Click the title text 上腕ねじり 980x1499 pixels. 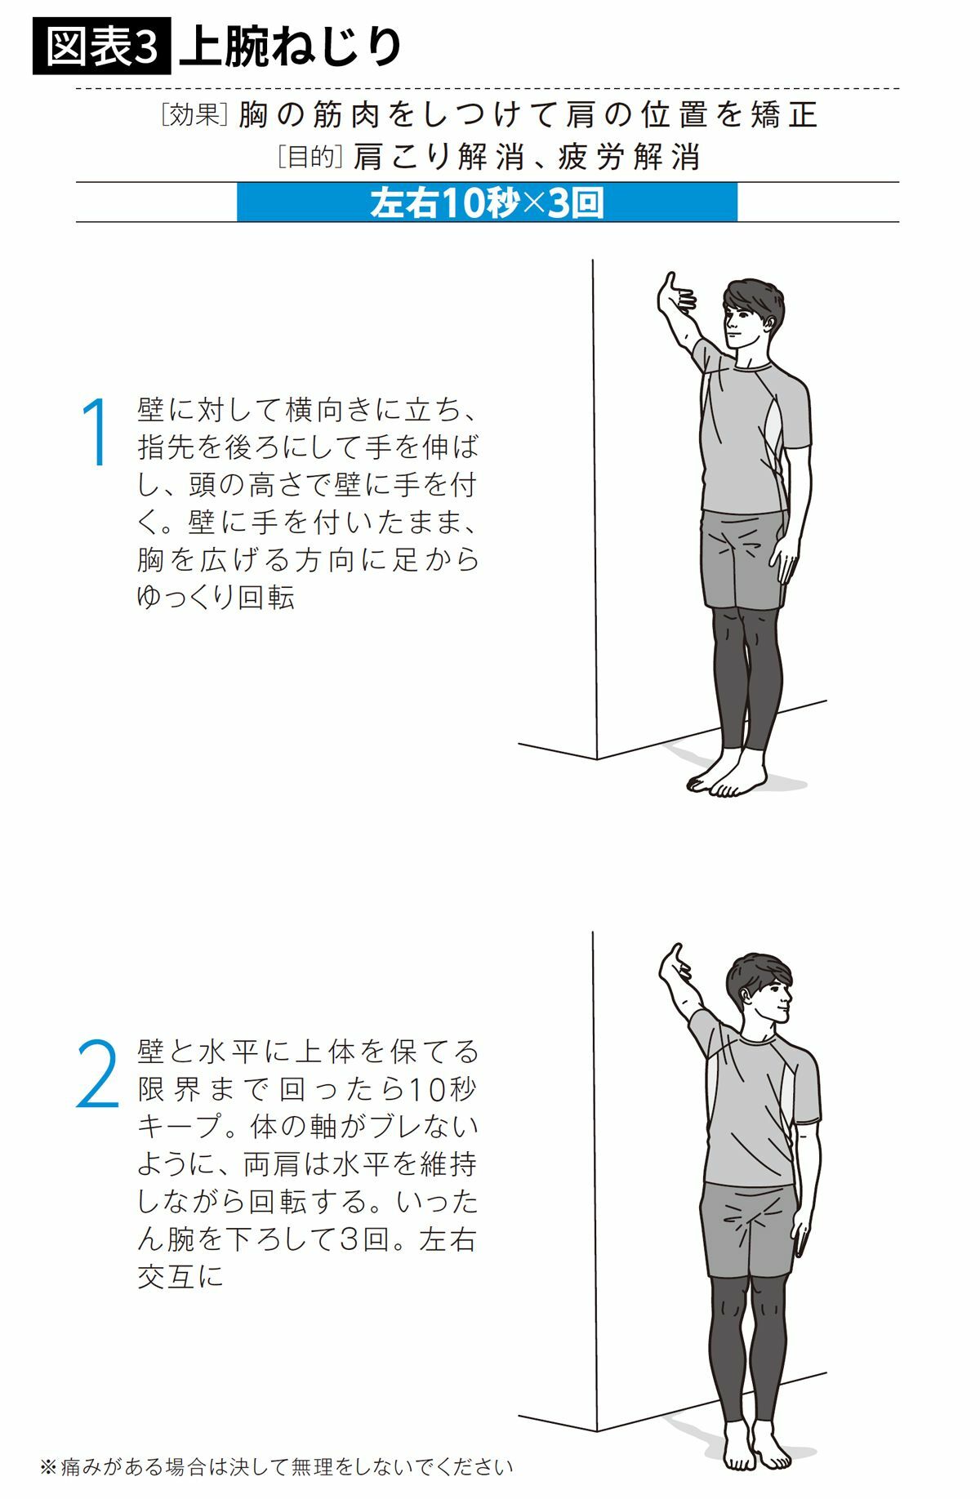[291, 48]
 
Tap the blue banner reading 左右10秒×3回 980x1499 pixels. [488, 202]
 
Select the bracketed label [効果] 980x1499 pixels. [194, 115]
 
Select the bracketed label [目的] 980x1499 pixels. [308, 156]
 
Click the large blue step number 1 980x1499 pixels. [96, 432]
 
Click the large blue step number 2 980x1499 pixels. [98, 1073]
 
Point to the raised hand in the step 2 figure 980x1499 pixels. [675, 966]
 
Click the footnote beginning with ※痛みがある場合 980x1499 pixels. [276, 1466]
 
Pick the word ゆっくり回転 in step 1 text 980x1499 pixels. [216, 597]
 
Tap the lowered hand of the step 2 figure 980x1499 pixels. [803, 1234]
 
